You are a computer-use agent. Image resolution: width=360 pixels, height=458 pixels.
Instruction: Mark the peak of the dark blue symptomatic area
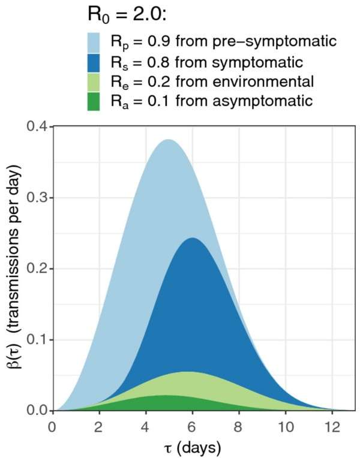(191, 239)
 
